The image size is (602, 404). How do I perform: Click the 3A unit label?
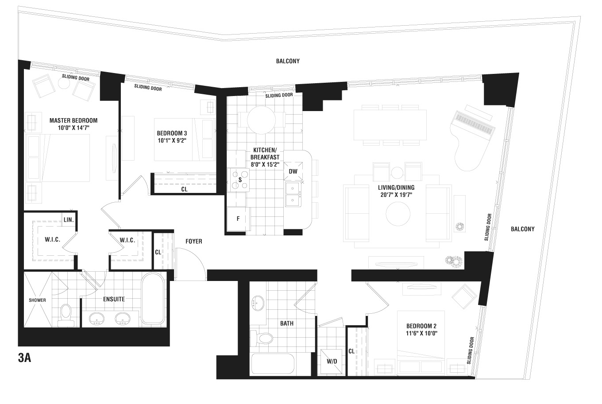click(x=24, y=358)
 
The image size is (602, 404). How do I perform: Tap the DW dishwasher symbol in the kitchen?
click(x=293, y=171)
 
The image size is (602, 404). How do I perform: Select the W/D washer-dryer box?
click(x=332, y=362)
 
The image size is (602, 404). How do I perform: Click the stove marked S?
click(x=238, y=180)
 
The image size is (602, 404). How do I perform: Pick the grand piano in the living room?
click(x=472, y=137)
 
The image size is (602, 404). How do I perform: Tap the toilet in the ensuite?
click(x=66, y=316)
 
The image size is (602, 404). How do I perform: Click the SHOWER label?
click(x=37, y=300)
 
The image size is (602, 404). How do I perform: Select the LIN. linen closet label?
click(x=69, y=220)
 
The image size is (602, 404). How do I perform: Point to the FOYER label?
click(x=194, y=241)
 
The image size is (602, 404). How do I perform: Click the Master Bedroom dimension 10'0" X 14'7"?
click(x=73, y=127)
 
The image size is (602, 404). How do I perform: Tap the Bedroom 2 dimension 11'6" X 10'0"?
click(x=421, y=333)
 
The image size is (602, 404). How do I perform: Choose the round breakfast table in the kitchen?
click(x=261, y=120)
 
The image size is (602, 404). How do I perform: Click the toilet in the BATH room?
click(x=262, y=338)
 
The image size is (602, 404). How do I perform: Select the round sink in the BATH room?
click(x=258, y=303)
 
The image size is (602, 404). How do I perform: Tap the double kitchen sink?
click(x=293, y=194)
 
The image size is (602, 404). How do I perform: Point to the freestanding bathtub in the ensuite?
click(x=153, y=298)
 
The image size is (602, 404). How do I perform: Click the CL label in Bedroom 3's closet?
click(x=184, y=189)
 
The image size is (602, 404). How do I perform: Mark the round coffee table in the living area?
click(x=398, y=214)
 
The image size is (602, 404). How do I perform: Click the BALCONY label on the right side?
click(x=523, y=229)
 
